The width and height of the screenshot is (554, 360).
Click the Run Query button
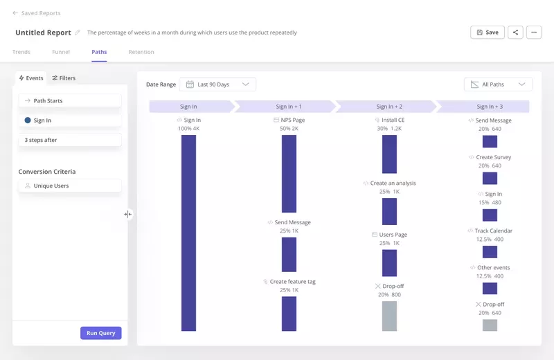point(101,333)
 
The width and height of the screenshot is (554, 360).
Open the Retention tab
point(141,52)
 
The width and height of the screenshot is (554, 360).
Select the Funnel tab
point(61,52)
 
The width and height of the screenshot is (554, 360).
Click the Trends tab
point(21,52)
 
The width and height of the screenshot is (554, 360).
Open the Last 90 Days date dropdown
point(217,84)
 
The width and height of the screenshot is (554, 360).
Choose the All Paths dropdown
point(498,84)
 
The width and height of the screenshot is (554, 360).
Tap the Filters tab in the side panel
point(64,78)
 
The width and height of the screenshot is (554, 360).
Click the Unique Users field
point(70,186)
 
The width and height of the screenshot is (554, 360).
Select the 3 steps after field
point(70,140)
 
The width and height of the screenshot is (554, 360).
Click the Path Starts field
point(70,100)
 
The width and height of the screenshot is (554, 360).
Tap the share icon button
point(515,33)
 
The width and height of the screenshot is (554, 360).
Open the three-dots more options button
point(534,33)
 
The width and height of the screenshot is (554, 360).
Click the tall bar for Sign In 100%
point(188,233)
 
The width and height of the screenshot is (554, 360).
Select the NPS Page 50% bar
point(289,173)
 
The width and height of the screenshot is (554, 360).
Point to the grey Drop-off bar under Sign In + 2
point(389,316)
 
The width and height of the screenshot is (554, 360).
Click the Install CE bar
point(389,154)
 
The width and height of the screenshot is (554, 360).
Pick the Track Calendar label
point(493,231)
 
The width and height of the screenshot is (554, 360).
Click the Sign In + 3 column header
point(490,107)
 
